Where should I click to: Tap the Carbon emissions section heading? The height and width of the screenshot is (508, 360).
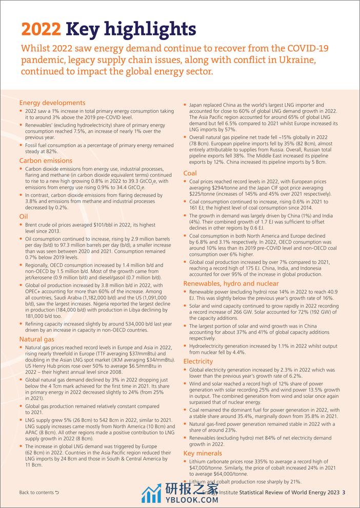tap(46, 160)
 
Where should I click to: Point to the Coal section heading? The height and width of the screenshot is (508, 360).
tap(190, 173)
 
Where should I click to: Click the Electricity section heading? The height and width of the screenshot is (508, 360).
tap(198, 361)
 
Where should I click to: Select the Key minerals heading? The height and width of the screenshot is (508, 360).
tap(203, 453)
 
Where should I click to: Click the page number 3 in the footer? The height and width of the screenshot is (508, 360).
tap(344, 493)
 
